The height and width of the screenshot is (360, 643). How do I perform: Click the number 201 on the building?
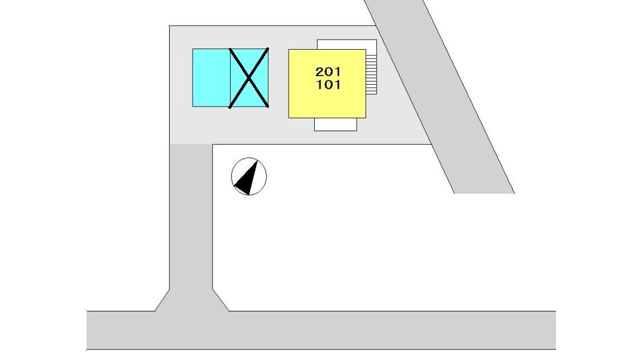(x=328, y=72)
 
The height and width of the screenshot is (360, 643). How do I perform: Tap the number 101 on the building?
(x=328, y=85)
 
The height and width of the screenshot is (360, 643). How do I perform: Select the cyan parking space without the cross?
(x=211, y=78)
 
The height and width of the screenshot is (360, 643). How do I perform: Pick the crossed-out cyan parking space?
(x=249, y=78)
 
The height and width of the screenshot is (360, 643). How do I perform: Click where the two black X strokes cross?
(x=249, y=78)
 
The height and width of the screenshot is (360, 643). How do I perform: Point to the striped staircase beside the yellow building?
(x=371, y=74)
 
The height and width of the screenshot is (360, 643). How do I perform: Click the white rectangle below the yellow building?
(x=335, y=124)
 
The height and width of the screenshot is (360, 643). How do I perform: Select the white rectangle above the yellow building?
(x=347, y=44)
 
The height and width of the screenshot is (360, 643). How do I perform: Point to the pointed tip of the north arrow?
(x=258, y=161)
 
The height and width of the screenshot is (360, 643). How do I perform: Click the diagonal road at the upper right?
(x=439, y=97)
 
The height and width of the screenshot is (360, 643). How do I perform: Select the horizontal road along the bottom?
(x=321, y=330)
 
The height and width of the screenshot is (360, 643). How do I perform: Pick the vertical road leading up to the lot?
(x=191, y=217)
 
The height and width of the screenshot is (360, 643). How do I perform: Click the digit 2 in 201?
(x=320, y=72)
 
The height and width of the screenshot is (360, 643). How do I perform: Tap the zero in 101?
(x=328, y=85)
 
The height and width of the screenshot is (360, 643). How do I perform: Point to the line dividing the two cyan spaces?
(x=231, y=78)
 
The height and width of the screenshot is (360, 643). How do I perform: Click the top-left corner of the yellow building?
(x=289, y=50)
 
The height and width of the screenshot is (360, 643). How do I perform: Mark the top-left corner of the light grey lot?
(x=169, y=26)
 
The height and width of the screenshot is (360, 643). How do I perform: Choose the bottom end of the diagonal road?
(x=484, y=193)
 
